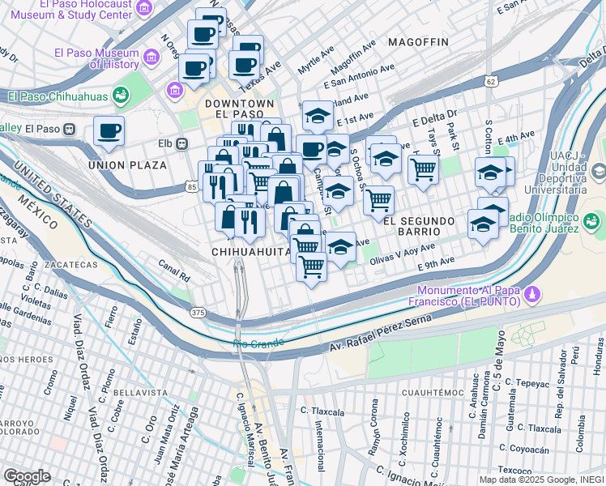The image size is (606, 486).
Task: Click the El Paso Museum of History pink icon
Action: click(151, 58)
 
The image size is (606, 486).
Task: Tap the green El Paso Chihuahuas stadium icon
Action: click(121, 96)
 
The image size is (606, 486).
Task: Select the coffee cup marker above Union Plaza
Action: click(109, 131)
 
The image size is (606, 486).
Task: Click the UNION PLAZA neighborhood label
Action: click(128, 165)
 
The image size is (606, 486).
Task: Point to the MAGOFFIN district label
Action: click(418, 41)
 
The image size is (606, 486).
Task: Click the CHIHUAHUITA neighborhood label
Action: click(251, 253)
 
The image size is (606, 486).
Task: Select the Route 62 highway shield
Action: click(490, 81)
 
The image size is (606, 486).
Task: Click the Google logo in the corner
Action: click(27, 476)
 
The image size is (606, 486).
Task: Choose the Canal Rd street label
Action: click(174, 272)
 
